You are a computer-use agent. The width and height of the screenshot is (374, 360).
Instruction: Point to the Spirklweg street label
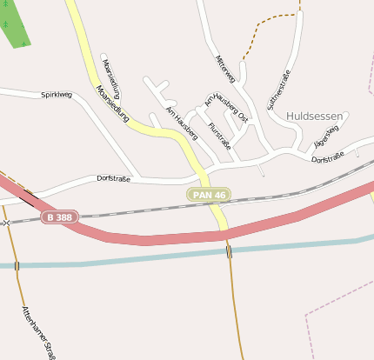(x=56, y=95)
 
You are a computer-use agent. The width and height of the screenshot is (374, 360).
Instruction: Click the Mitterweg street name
(x=225, y=69)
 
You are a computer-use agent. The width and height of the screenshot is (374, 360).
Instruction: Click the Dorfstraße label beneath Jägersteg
(x=328, y=157)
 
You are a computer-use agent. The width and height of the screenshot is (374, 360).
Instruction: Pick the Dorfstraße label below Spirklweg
(x=113, y=178)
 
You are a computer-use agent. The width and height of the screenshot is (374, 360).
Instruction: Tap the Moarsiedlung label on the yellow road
(x=114, y=103)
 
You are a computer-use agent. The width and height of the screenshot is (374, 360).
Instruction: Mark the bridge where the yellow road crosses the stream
(x=229, y=251)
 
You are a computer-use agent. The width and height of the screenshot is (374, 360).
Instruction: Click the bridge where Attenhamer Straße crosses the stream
(x=17, y=264)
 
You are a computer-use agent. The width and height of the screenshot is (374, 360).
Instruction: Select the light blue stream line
(x=130, y=260)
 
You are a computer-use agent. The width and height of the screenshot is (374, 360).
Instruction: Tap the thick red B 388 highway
(x=157, y=237)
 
